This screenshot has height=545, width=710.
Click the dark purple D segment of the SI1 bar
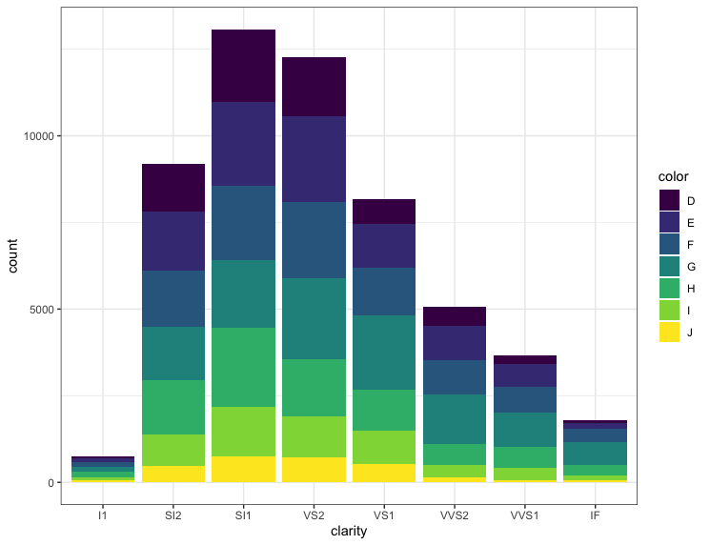(x=244, y=66)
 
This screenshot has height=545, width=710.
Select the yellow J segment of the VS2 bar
(x=314, y=470)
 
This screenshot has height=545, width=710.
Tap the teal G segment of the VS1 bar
(x=384, y=353)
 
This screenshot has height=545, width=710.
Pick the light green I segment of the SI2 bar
(x=173, y=450)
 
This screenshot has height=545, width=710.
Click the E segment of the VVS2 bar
(x=455, y=343)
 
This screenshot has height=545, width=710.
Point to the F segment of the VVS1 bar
(x=525, y=399)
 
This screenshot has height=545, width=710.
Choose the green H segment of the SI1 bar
(x=244, y=367)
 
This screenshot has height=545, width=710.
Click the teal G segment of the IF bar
(x=595, y=454)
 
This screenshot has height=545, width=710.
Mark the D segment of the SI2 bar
(x=173, y=188)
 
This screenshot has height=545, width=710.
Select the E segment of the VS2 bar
(x=314, y=159)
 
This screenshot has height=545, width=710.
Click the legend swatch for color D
(x=669, y=200)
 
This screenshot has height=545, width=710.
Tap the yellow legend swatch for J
(x=669, y=332)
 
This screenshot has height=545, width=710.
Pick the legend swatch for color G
(x=669, y=266)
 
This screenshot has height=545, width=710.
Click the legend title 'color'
(x=673, y=176)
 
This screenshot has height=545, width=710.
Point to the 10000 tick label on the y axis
(x=39, y=136)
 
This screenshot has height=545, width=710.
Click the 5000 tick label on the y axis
(x=42, y=310)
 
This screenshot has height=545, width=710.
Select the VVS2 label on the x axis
(x=455, y=515)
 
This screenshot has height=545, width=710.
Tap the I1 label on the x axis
(x=103, y=515)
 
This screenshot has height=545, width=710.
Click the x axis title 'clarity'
(x=349, y=531)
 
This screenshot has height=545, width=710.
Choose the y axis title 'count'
(x=12, y=256)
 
